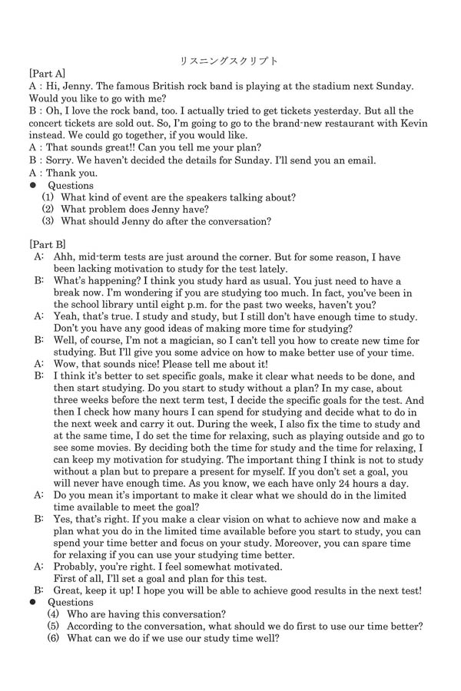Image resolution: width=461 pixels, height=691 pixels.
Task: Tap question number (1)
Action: [x=48, y=197]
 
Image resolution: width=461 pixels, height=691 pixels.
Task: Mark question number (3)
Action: [x=48, y=222]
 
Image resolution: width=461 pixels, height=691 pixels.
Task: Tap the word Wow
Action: [x=67, y=365]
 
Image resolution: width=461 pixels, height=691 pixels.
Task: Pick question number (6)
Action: [x=52, y=638]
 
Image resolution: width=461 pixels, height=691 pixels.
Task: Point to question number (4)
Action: [x=52, y=614]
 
